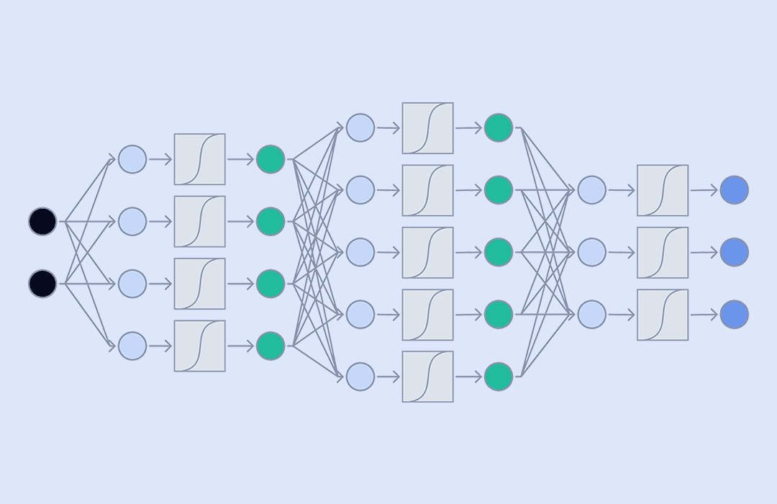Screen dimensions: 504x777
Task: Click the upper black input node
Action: (x=42, y=222)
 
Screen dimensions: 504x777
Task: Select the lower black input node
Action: (x=42, y=284)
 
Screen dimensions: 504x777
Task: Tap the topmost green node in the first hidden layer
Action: (x=271, y=159)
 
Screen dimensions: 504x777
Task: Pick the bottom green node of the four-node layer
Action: (x=271, y=346)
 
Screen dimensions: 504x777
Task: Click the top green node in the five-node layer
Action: (x=499, y=128)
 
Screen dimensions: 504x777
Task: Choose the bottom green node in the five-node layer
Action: (x=499, y=377)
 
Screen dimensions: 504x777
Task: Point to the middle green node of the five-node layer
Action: (x=499, y=253)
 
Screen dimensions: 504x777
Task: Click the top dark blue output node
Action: (x=734, y=190)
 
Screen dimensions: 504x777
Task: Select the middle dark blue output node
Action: (x=734, y=253)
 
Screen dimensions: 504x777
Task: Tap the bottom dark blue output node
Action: (x=734, y=315)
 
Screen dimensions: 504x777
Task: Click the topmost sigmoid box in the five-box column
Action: (x=427, y=128)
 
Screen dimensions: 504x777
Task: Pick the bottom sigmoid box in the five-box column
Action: (x=427, y=377)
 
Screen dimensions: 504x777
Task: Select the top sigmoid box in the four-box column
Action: (x=199, y=159)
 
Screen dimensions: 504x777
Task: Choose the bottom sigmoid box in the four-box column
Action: (x=199, y=346)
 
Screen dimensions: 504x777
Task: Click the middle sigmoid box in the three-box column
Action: (x=662, y=253)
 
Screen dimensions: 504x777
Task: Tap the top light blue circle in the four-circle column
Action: (x=132, y=159)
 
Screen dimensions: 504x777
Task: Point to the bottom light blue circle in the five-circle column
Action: (x=360, y=377)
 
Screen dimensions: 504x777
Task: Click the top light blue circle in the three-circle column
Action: (x=591, y=190)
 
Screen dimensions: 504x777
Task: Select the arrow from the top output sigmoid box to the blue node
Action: (x=704, y=190)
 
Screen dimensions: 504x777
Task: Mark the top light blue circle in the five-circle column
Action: (x=360, y=128)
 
